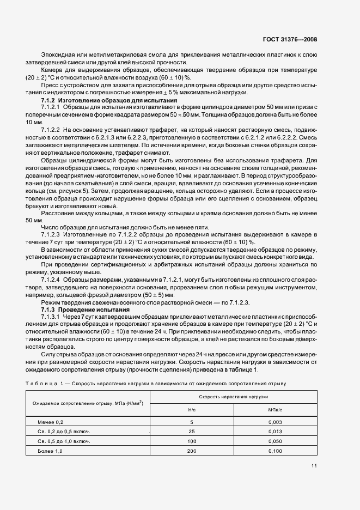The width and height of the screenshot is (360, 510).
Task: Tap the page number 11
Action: point(314,465)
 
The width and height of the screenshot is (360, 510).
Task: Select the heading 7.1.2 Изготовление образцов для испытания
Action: point(101,101)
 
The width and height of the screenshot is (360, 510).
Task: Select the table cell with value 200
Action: point(191,451)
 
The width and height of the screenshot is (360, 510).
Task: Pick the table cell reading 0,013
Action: point(275,432)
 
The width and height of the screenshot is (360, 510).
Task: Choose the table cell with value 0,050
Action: point(275,441)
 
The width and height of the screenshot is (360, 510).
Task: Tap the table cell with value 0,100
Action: point(275,451)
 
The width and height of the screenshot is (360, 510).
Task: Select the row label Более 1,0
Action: point(51,451)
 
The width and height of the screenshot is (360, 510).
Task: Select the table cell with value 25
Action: point(191,432)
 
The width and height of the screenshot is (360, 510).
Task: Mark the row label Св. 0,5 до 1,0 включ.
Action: point(64,441)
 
